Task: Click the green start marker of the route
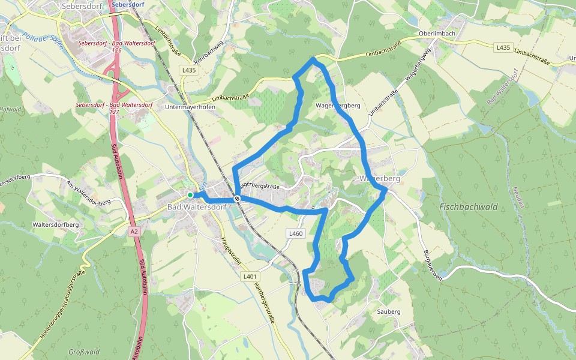click(190, 195)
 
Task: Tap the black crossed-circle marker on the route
click(238, 199)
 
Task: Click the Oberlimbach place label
click(421, 33)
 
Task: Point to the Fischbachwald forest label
click(469, 206)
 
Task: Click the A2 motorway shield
click(133, 230)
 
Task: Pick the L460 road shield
click(296, 233)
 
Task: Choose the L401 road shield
click(250, 277)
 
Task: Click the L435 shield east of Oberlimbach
click(503, 47)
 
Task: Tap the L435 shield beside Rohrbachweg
click(189, 70)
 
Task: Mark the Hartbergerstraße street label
click(263, 303)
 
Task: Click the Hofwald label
click(10, 110)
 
